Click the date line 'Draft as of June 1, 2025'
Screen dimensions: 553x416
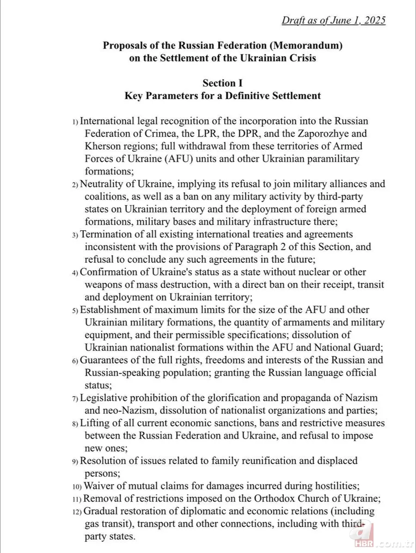[333, 20]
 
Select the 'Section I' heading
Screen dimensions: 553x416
[222, 83]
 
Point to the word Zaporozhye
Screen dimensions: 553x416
[309, 134]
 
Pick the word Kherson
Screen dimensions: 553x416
[103, 147]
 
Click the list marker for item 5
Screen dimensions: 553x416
[75, 310]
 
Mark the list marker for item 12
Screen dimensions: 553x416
[77, 511]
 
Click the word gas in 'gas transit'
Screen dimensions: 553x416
[92, 524]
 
